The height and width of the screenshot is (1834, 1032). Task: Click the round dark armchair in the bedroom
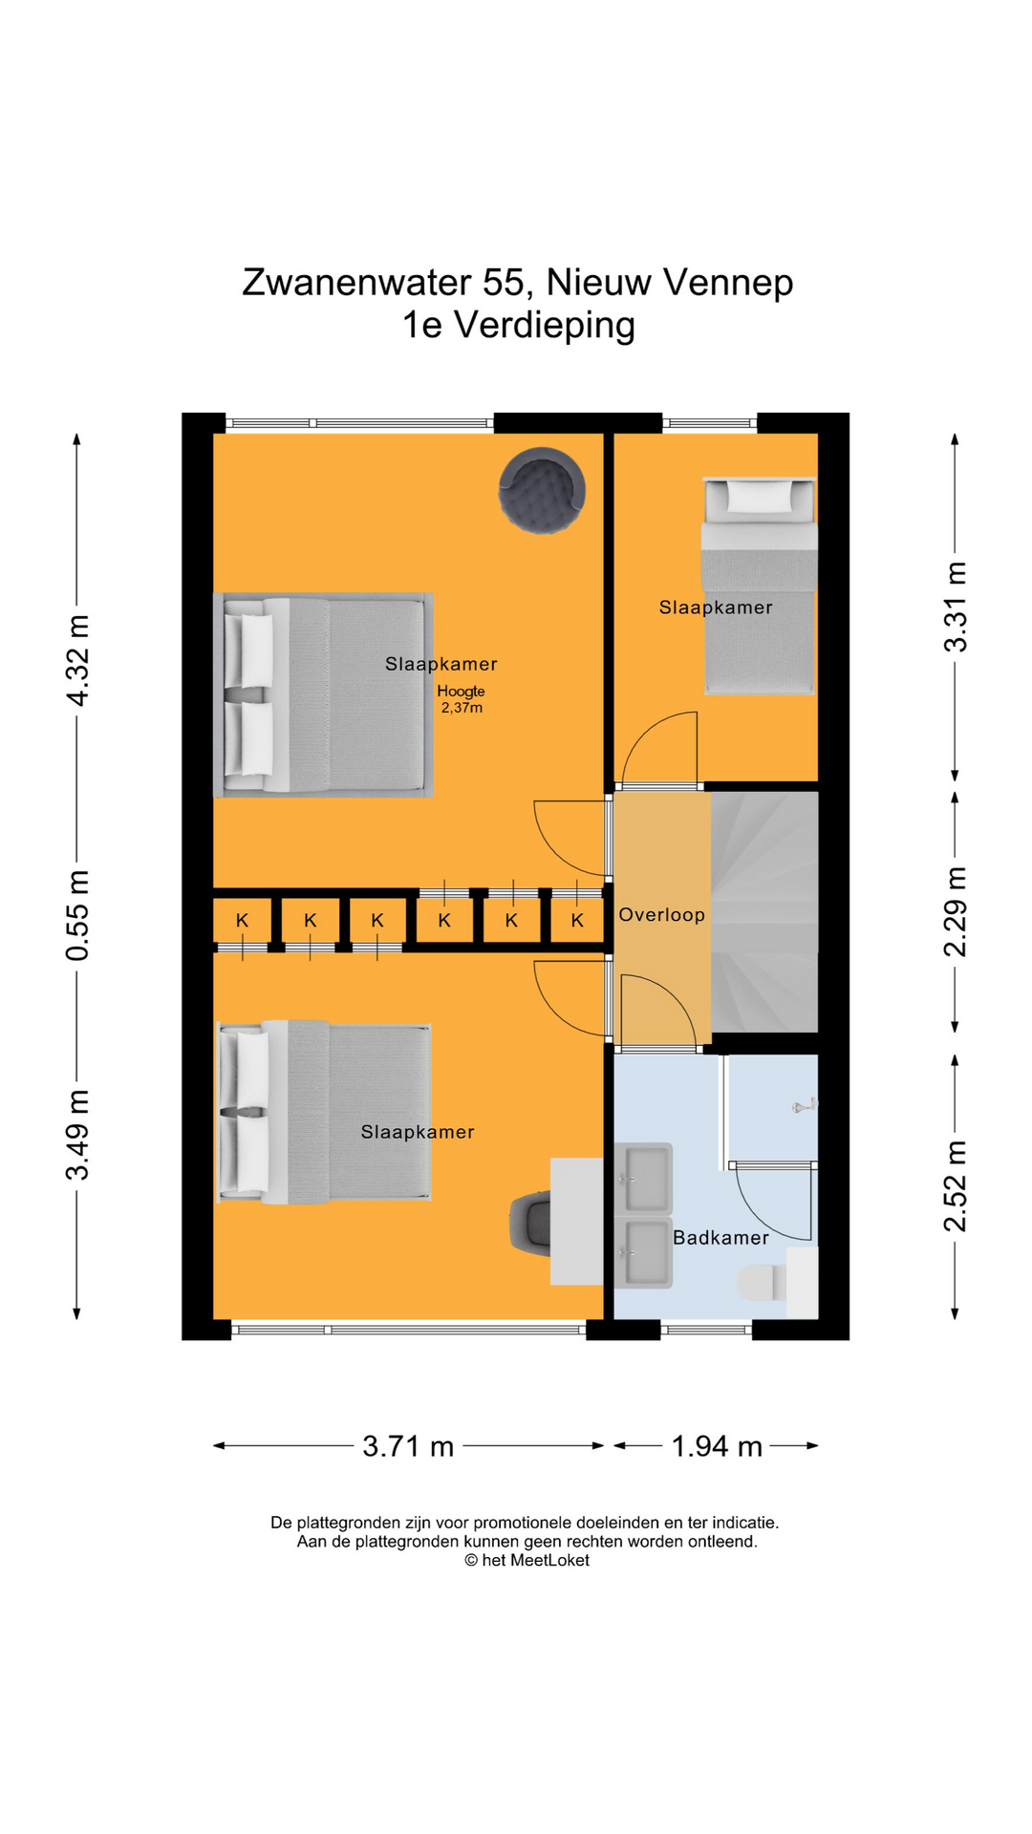[x=542, y=490]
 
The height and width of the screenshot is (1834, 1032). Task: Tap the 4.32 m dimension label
[x=77, y=661]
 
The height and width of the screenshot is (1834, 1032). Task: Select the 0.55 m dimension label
[x=77, y=915]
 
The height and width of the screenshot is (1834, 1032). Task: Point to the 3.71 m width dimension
[x=408, y=1446]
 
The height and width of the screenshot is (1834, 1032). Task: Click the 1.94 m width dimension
[x=717, y=1446]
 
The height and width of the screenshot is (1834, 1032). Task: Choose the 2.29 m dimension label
[x=956, y=911]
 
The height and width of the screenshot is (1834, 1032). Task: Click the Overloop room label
[x=661, y=915]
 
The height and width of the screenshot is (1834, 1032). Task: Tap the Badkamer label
[x=720, y=1238]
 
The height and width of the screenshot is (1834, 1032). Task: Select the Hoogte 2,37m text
[x=462, y=699]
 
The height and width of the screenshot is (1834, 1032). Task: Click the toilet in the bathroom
[x=762, y=1283]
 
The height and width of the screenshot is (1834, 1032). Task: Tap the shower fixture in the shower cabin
[x=804, y=1105]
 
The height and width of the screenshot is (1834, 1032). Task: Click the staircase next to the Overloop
[x=764, y=911]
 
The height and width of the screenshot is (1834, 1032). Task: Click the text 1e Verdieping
[x=518, y=325]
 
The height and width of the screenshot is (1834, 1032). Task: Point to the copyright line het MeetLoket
[x=527, y=1560]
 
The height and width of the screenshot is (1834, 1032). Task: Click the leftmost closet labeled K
[x=242, y=921]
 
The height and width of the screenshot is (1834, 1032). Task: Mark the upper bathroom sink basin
[x=645, y=1178]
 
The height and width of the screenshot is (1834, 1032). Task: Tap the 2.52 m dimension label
[x=956, y=1185]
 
